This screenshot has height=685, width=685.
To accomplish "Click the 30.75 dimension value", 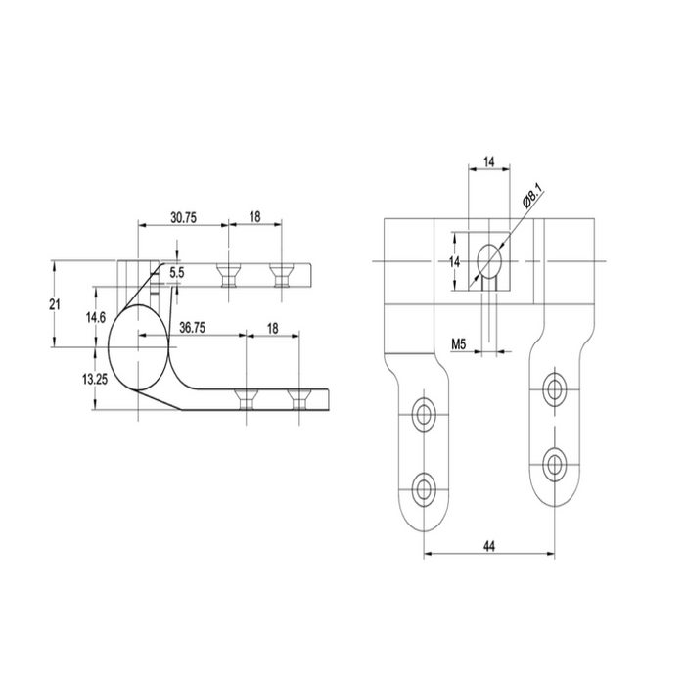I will pyautogui.click(x=183, y=218).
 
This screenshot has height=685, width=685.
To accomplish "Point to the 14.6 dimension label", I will pyautogui.click(x=95, y=318).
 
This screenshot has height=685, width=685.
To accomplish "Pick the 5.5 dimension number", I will pyautogui.click(x=176, y=273).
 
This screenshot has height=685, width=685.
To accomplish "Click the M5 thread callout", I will pyautogui.click(x=460, y=343).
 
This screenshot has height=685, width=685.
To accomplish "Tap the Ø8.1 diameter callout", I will pyautogui.click(x=531, y=196).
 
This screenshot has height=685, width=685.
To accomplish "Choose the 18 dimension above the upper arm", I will pyautogui.click(x=254, y=218).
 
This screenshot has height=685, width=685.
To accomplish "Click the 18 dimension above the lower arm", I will pyautogui.click(x=272, y=329).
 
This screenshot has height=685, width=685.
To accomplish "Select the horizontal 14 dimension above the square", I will pyautogui.click(x=488, y=160).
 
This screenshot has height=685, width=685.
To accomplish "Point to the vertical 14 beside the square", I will pyautogui.click(x=455, y=261).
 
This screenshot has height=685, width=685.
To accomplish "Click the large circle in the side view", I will pyautogui.click(x=139, y=346).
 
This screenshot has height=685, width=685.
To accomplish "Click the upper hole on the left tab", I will pyautogui.click(x=425, y=414).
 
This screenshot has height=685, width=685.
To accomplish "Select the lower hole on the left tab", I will pyautogui.click(x=425, y=486).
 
